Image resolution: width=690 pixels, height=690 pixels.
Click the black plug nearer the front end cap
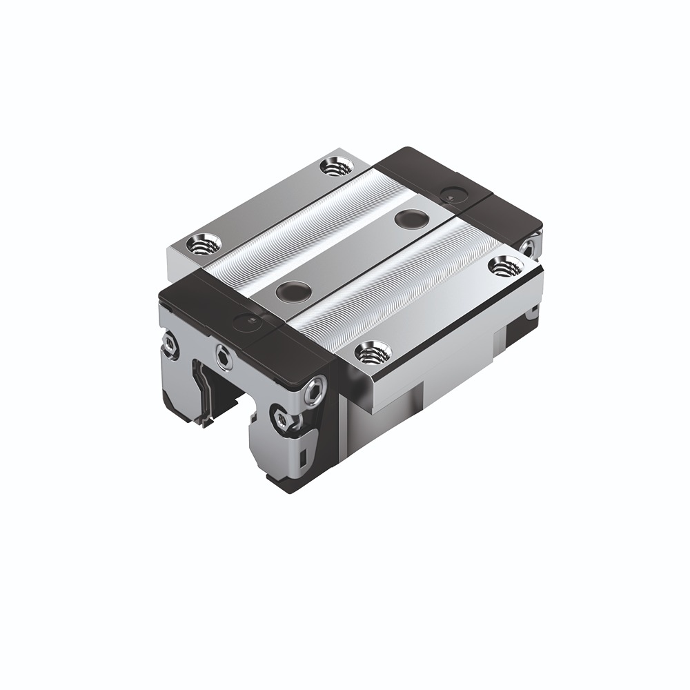click(x=290, y=290)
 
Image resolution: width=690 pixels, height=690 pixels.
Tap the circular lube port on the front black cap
click(x=246, y=320)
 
